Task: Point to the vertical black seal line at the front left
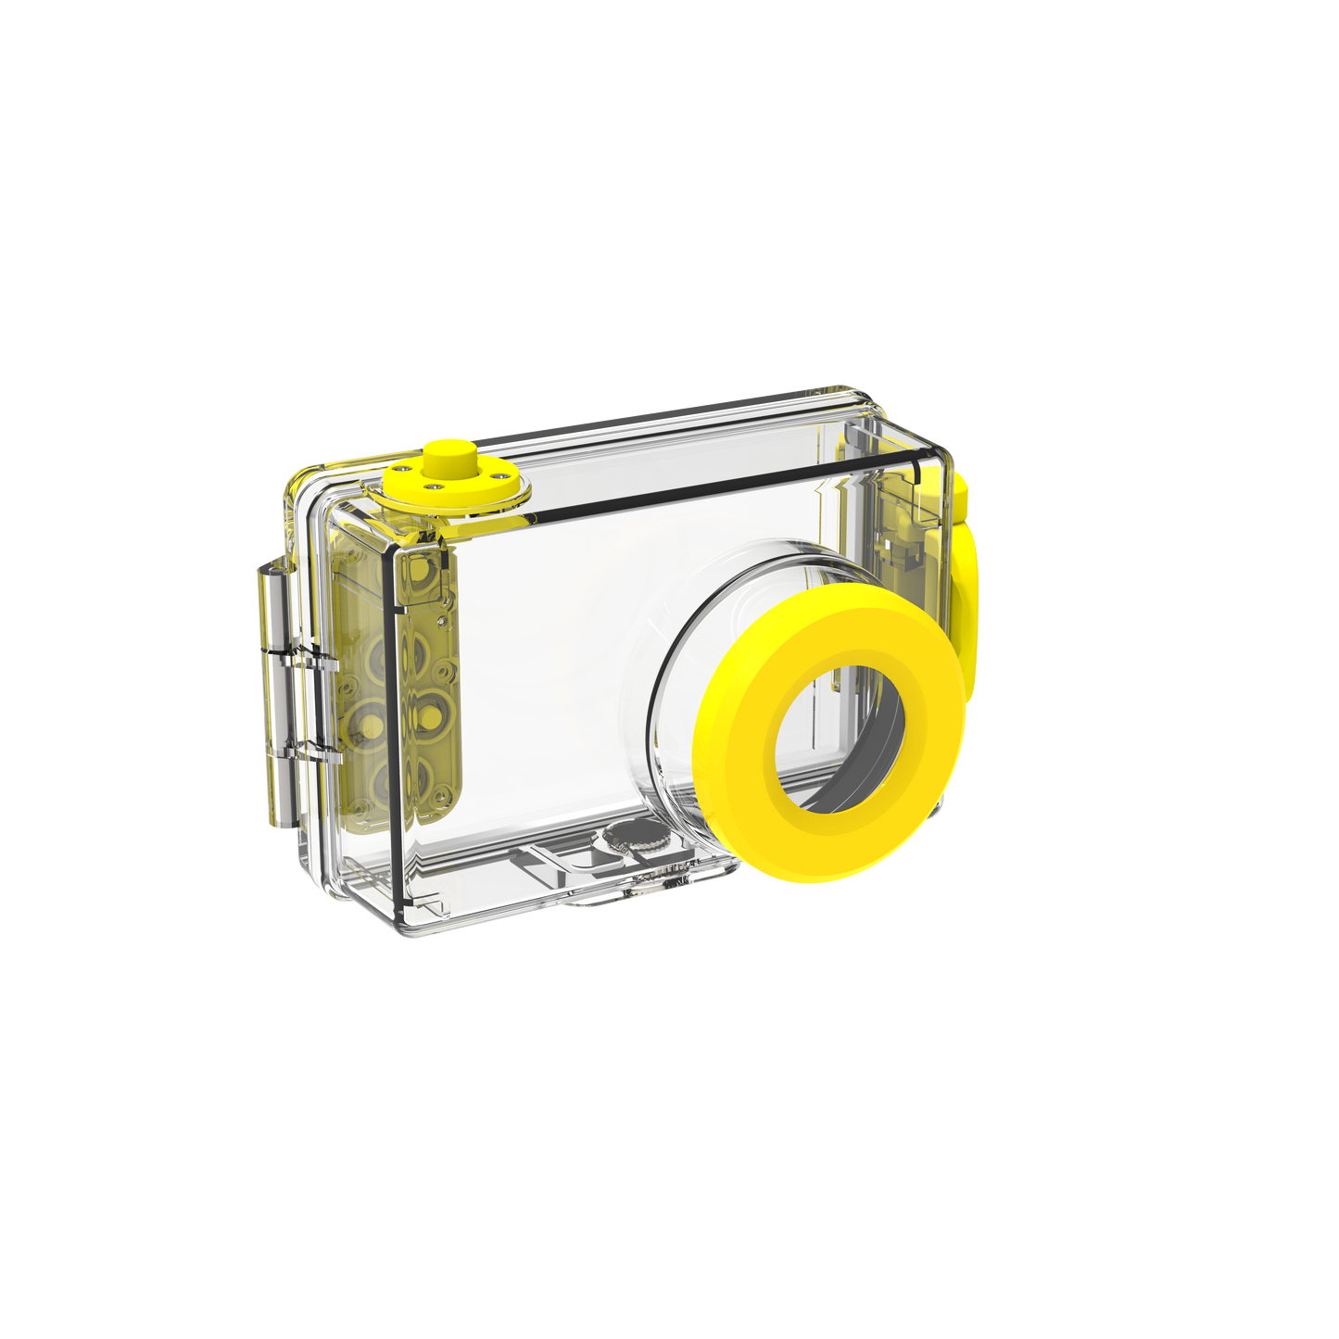click(393, 723)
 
